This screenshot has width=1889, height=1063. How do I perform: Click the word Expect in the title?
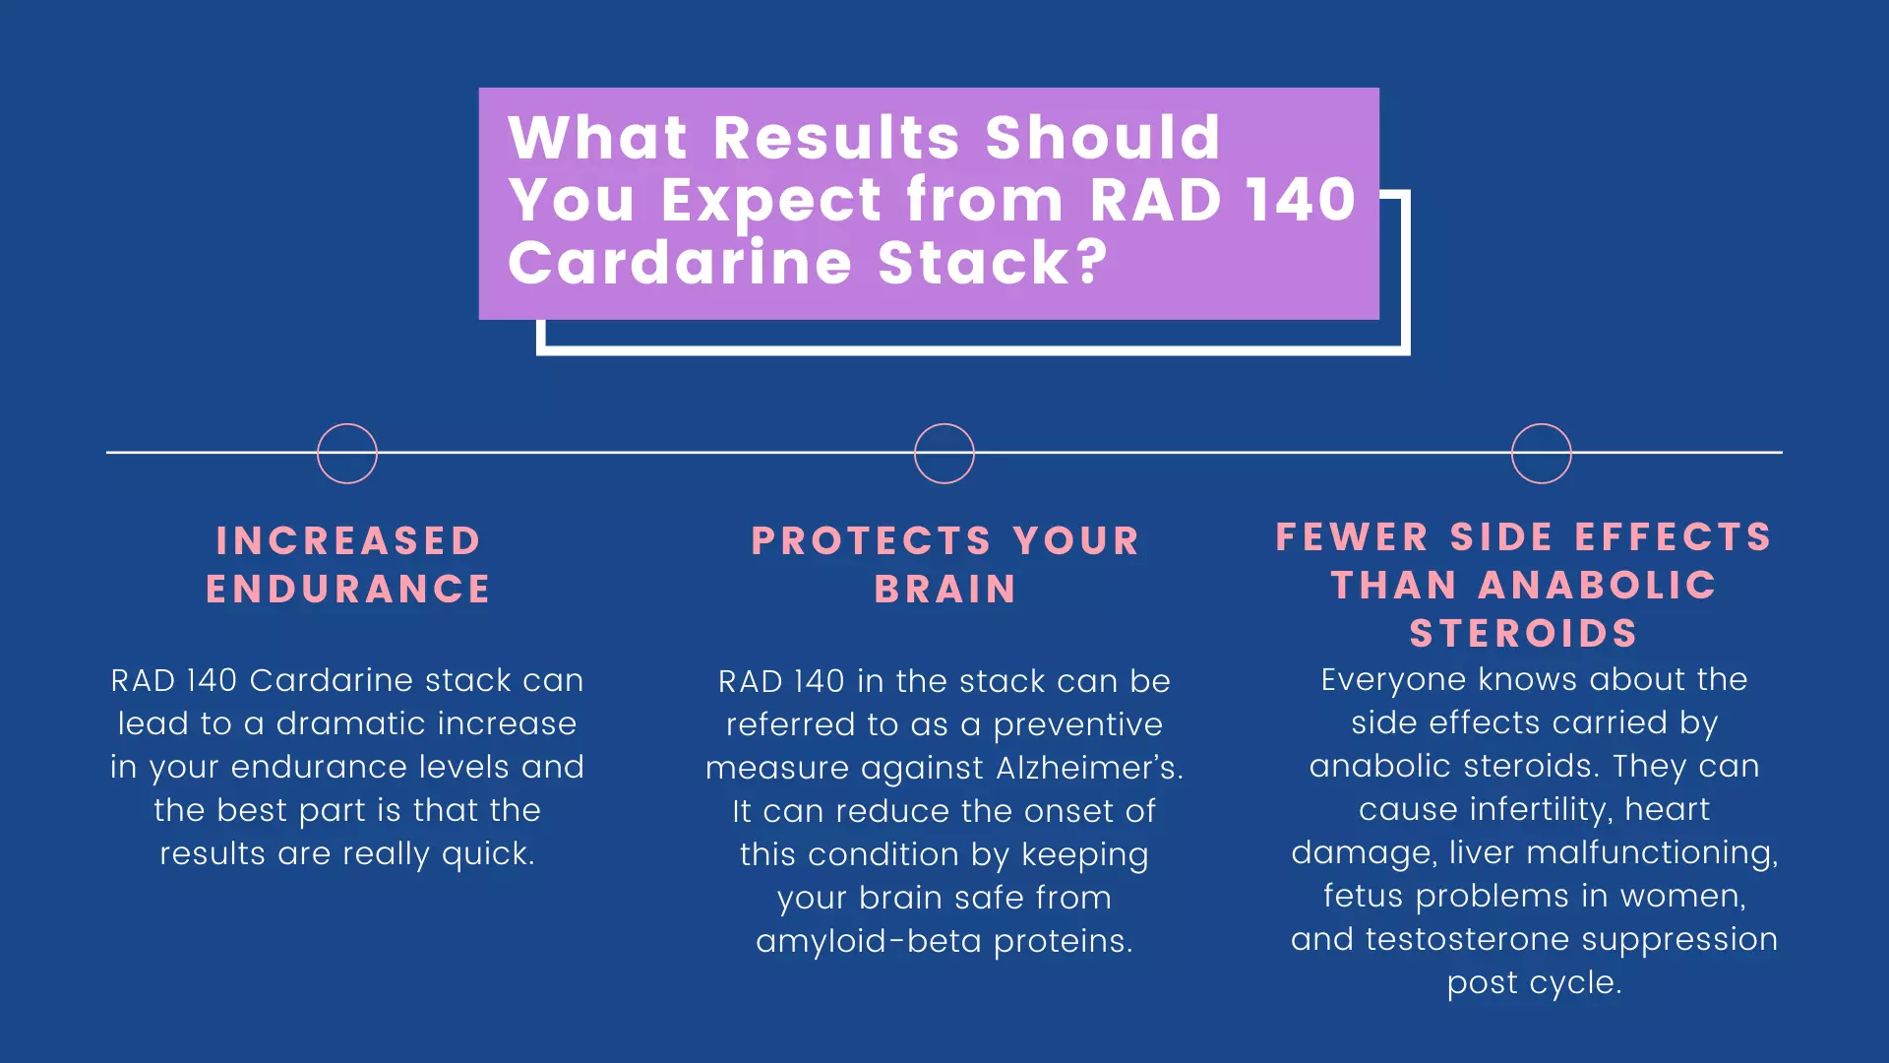pos(771,201)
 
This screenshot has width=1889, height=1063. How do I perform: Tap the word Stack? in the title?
pos(993,263)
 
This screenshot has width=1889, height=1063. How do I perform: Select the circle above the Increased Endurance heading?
pos(347,454)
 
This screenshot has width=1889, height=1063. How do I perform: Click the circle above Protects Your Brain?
pos(944,454)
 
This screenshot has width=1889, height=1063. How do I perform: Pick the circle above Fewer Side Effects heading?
pos(1542,454)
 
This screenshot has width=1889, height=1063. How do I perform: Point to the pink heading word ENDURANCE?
pos(348,589)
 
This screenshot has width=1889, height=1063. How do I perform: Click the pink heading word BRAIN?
pos(945,589)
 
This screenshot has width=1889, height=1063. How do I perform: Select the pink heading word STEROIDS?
pos(1524,633)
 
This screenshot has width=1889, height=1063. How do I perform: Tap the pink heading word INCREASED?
pos(348,540)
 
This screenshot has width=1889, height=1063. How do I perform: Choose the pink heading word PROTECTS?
pos(871,540)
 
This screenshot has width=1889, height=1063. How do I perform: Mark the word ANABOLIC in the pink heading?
pos(1597,585)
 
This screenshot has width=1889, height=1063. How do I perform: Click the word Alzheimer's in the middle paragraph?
pos(1089,768)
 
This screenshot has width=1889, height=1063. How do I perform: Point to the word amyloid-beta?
pos(869,942)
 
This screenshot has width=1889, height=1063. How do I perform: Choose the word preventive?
pos(1077,725)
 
